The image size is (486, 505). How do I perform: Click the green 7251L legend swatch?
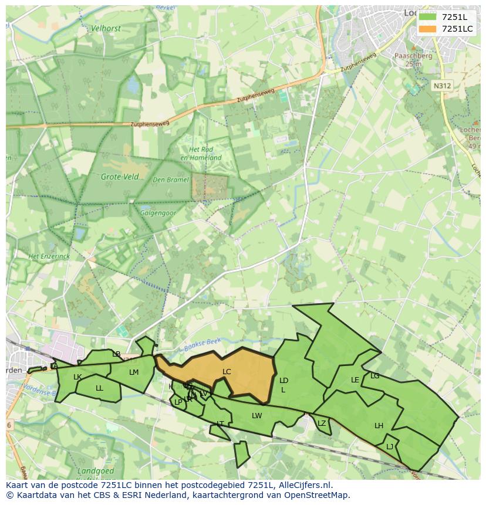coord(427,17)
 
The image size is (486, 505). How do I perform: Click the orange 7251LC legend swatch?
coord(427,29)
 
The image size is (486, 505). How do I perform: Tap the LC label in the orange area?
coord(227,372)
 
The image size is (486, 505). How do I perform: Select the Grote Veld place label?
coord(120,177)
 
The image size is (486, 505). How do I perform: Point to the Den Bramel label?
coord(171,180)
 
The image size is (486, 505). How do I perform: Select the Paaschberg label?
coord(413,56)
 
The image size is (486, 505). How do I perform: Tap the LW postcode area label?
coord(256,416)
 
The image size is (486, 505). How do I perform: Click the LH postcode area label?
coord(379,426)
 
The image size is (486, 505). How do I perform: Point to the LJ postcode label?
coord(390,447)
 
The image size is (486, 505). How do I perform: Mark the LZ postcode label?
coord(322,423)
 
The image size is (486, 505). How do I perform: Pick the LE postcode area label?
coord(355,380)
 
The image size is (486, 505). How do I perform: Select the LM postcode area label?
coord(134,372)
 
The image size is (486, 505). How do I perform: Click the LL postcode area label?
coord(99,388)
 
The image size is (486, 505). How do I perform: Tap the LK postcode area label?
coord(77,377)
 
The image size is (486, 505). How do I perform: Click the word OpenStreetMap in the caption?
coord(319,495)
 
